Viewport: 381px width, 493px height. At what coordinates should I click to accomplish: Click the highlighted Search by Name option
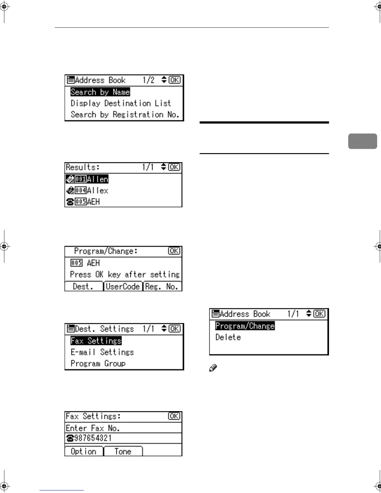pos(100,92)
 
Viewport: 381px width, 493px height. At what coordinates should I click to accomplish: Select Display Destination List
pos(121,103)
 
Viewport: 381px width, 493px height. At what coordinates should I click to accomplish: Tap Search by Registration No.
pos(125,115)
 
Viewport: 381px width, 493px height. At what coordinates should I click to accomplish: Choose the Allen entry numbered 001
pos(87,179)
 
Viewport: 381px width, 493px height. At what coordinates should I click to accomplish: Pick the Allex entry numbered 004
pos(87,190)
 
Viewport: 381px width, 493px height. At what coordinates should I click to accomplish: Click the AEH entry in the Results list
pos(83,202)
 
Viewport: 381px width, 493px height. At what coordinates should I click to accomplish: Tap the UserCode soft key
pos(123,286)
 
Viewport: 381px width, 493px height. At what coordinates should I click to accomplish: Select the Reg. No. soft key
pos(162,286)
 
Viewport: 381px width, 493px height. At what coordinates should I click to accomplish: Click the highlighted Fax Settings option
pos(96,341)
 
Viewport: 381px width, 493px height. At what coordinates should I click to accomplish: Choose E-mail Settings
pos(102,352)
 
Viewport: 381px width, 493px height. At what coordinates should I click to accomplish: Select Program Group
pos(98,364)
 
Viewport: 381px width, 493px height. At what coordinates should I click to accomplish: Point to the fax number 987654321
pos(93,438)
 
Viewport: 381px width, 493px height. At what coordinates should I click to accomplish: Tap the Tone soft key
pos(123,451)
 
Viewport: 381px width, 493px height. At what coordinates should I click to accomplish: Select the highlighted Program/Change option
pos(245,326)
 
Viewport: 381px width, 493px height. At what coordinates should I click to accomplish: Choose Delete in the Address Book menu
pos(228,337)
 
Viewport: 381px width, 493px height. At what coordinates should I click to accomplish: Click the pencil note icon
pos(213,368)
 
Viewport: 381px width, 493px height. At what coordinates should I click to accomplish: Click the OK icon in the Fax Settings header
pos(174,416)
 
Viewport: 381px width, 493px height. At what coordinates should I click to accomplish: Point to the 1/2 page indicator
pos(148,80)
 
